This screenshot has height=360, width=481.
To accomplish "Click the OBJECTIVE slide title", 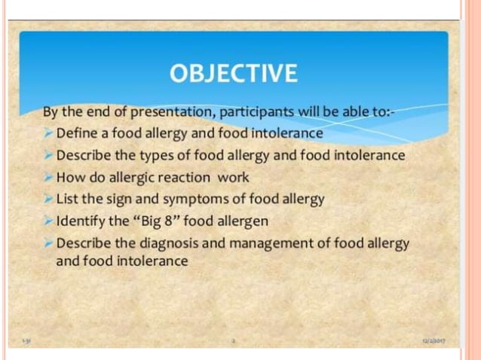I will [234, 73].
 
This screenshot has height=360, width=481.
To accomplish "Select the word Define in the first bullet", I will [76, 133].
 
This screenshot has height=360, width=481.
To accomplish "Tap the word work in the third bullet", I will [234, 178].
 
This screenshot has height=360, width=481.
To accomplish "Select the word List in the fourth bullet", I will [68, 200].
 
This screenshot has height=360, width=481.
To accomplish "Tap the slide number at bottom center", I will [234, 341].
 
